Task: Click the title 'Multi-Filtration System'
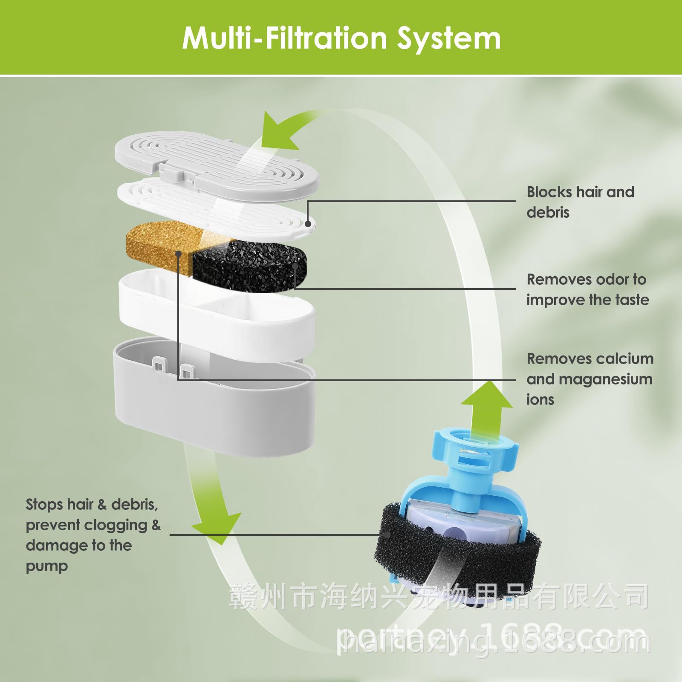341,38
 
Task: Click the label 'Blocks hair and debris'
580,202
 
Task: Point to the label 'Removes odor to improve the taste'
587,289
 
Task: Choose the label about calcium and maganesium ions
590,379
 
